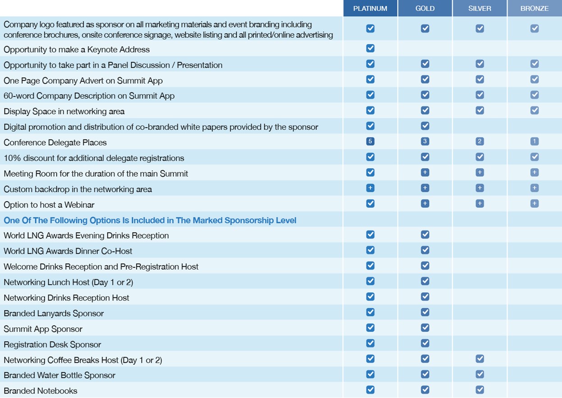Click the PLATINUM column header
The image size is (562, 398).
coord(370,9)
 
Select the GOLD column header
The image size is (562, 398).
coord(425,9)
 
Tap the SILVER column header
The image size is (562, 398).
coord(480,9)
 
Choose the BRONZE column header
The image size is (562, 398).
coord(534,9)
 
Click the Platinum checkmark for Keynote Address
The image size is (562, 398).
coord(370,48)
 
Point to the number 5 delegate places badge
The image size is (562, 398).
coord(370,141)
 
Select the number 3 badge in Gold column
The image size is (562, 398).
coord(425,141)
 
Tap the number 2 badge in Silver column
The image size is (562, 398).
coord(480,141)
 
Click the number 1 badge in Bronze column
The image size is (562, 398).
coord(534,141)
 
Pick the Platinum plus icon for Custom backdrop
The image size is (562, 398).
coord(370,188)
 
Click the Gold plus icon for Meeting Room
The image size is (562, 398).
coord(425,172)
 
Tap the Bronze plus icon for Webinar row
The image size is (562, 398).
coord(534,204)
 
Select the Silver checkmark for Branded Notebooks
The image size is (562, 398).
coord(480,390)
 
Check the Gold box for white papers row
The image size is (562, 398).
coord(425,126)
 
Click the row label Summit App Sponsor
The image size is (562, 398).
coord(43,329)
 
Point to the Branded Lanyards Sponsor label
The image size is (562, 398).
coord(54,314)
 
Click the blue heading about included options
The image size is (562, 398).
coord(150,220)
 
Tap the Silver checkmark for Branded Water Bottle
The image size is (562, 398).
coord(480,374)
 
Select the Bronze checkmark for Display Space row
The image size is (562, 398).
coord(534,110)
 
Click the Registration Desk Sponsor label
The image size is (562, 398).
coord(52,345)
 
